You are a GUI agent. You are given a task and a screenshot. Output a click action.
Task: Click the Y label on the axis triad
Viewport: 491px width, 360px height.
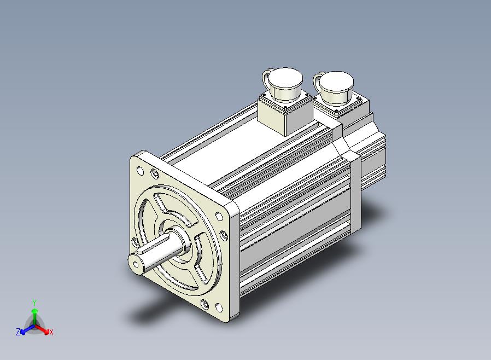pyautogui.click(x=34, y=303)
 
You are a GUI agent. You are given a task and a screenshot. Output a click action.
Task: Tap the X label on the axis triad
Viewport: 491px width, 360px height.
pyautogui.click(x=51, y=332)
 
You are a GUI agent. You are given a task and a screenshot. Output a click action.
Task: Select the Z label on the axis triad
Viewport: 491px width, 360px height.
pyautogui.click(x=18, y=332)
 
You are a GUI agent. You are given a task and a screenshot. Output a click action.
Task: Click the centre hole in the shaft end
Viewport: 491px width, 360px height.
pyautogui.click(x=136, y=265)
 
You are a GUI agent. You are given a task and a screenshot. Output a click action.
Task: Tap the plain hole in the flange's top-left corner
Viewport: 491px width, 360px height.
pyautogui.click(x=141, y=171)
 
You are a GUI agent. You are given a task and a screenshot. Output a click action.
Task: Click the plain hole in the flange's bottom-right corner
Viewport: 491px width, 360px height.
pyautogui.click(x=219, y=307)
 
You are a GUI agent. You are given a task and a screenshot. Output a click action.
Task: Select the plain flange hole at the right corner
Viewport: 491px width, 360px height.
pyautogui.click(x=219, y=217)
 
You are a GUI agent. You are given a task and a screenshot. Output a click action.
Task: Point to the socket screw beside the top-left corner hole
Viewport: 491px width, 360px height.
pyautogui.click(x=154, y=173)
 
